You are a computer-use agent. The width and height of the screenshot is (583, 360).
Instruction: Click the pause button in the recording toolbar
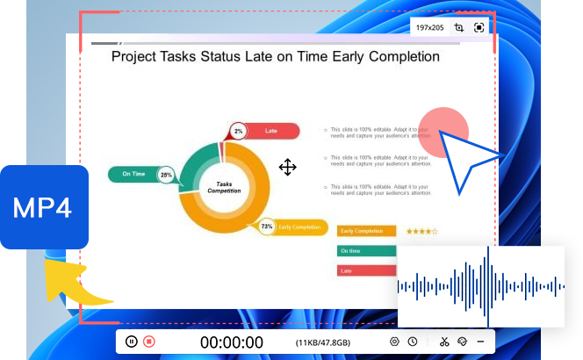coord(131,342)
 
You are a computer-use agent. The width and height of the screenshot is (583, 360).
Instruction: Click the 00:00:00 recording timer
coord(231,342)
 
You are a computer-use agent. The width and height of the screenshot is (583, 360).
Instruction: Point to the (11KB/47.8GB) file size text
coord(323,342)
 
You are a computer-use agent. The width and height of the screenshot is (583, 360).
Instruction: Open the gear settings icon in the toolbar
coord(394,342)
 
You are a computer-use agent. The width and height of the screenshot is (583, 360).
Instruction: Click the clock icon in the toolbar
coord(412,342)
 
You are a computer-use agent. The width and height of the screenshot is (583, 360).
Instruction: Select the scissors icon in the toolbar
coord(444,342)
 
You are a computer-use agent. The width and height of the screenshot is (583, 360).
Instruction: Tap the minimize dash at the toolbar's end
coord(480,342)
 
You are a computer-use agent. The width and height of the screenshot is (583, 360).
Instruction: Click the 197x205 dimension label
coord(429,28)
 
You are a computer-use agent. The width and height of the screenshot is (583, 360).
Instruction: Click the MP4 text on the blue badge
coord(43,208)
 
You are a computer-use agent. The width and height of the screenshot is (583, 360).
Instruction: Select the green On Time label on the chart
coord(133,175)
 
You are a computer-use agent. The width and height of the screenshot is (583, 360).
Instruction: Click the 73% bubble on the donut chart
coord(267,227)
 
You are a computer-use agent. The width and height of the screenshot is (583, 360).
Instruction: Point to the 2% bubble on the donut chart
coord(238,132)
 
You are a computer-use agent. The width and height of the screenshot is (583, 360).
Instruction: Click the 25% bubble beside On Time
coord(166,176)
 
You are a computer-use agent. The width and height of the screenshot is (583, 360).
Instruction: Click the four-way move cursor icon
coord(287,167)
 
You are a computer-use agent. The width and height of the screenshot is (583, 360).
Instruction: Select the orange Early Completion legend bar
coord(365,231)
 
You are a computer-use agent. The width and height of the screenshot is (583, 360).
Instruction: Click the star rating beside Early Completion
coord(421,231)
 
